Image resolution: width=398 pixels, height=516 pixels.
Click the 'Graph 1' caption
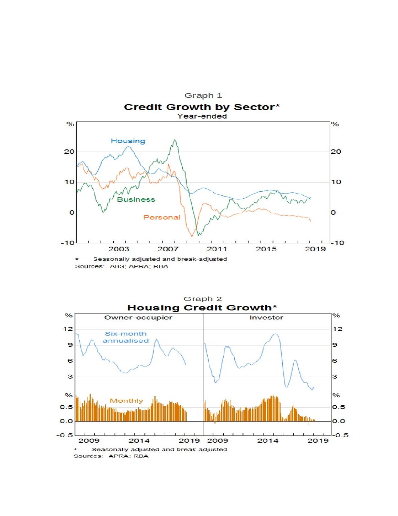tap(203, 95)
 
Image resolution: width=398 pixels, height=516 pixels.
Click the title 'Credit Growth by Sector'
tap(202, 107)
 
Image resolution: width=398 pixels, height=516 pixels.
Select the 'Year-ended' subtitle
tap(202, 116)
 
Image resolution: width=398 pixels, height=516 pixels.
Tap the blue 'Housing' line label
tap(128, 141)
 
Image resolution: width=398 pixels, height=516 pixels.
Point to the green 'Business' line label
tap(136, 200)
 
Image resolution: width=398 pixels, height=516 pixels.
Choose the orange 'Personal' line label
tap(162, 217)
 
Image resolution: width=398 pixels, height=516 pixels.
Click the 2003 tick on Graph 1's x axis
tap(119, 249)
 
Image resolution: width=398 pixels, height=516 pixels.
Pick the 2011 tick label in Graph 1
tap(217, 249)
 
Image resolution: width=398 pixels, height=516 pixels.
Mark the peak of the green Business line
tap(175, 140)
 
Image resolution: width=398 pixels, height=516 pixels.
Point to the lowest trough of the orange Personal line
tap(192, 236)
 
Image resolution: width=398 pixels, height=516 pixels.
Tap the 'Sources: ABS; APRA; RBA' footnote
tap(121, 266)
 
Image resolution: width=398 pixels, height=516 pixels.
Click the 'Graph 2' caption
tap(203, 299)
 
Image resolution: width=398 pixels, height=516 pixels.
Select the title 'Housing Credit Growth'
tap(202, 308)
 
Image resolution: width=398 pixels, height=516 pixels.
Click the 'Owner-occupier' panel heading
tap(138, 317)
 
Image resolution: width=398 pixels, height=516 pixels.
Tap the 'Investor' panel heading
tap(266, 317)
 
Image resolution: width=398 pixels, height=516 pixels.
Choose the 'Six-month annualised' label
tap(125, 337)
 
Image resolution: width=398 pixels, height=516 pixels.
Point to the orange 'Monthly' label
tap(126, 401)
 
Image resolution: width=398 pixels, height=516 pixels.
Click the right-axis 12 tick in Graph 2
tap(337, 329)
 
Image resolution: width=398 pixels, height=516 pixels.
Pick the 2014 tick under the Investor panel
tap(268, 440)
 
